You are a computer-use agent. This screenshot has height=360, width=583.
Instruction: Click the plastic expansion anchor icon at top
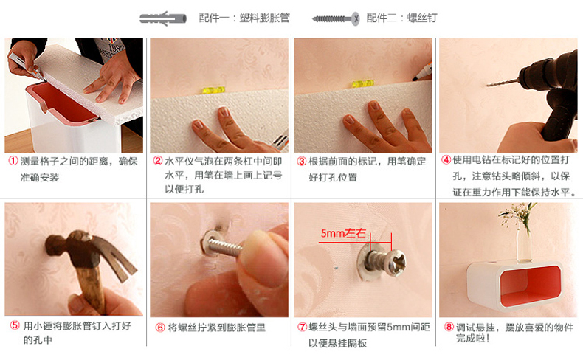pyautogui.click(x=163, y=18)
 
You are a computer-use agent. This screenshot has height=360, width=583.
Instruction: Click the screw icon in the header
pyautogui.click(x=336, y=18)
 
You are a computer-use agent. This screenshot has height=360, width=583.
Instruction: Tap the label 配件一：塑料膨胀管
pyautogui.click(x=244, y=18)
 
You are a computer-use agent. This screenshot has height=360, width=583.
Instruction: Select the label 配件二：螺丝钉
pyautogui.click(x=402, y=18)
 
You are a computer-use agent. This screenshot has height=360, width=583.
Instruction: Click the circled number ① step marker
pyautogui.click(x=13, y=161)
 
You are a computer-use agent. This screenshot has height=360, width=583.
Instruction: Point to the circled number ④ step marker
pyautogui.click(x=446, y=160)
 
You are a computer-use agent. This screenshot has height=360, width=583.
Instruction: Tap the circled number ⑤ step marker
pyautogui.click(x=15, y=325)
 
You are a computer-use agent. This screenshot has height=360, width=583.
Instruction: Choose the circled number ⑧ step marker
pyautogui.click(x=449, y=327)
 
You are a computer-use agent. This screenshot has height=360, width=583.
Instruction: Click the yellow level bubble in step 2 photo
pyautogui.click(x=214, y=90)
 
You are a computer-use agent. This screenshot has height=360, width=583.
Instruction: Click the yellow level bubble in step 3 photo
pyautogui.click(x=362, y=83)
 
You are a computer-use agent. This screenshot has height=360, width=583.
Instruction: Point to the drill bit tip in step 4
pyautogui.click(x=488, y=86)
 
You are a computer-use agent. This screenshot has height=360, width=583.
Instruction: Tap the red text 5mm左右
pyautogui.click(x=343, y=233)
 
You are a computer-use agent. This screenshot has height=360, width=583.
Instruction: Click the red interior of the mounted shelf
pyautogui.click(x=530, y=286)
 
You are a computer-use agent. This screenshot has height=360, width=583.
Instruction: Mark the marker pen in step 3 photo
pyautogui.click(x=422, y=73)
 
